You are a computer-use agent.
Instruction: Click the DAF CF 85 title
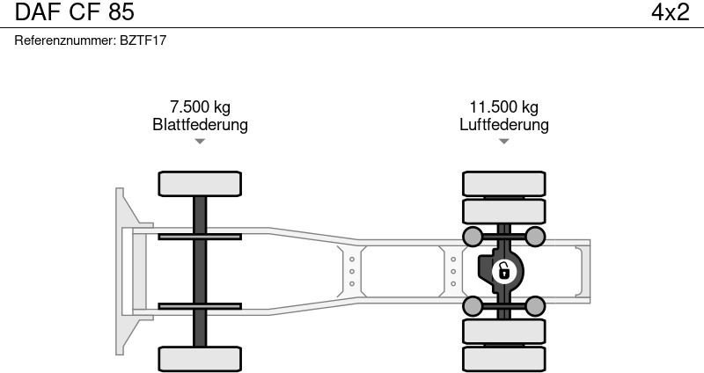(x=75, y=12)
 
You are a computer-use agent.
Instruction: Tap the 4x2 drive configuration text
(x=671, y=12)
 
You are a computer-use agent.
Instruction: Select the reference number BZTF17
(x=143, y=40)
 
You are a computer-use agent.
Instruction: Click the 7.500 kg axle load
(x=201, y=106)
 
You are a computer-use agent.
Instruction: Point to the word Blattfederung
(x=201, y=124)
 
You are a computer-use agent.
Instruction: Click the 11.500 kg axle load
(x=503, y=106)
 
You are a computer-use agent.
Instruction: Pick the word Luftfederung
(x=503, y=124)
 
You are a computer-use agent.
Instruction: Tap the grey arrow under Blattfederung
(x=200, y=142)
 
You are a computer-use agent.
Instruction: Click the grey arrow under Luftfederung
(x=503, y=142)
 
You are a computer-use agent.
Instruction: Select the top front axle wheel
(x=200, y=184)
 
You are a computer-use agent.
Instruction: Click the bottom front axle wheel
(x=200, y=359)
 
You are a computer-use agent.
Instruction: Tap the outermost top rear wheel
(x=503, y=184)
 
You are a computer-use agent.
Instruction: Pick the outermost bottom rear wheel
(x=503, y=359)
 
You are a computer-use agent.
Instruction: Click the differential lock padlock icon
(x=503, y=272)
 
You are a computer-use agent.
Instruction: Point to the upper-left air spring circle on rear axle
(x=473, y=237)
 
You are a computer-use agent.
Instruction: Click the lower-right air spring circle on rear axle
(x=535, y=306)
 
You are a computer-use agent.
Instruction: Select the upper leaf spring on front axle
(x=200, y=237)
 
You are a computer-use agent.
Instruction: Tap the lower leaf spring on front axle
(x=200, y=306)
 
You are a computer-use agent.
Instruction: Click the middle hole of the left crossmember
(x=351, y=272)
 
